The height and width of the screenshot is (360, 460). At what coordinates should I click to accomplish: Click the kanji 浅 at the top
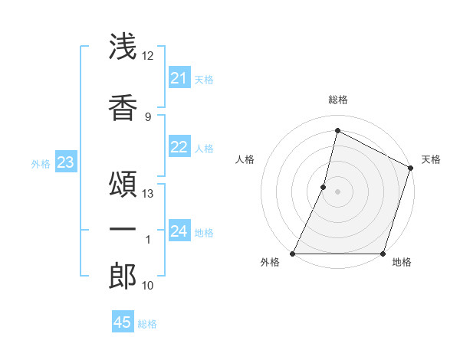coord(123,47)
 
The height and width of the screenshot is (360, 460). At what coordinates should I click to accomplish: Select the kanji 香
coord(123,105)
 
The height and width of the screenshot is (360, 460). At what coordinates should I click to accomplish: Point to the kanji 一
coord(123,229)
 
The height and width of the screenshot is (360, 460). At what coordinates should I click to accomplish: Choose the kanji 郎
coord(123,277)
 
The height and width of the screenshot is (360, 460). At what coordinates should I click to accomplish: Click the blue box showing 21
coord(179,78)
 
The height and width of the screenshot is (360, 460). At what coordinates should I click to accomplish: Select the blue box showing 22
coord(179,148)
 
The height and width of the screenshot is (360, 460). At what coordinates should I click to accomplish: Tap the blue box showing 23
coord(65,162)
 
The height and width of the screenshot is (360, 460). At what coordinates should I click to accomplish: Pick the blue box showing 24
coord(179,231)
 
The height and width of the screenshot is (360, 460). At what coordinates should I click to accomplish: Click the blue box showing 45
coord(123,322)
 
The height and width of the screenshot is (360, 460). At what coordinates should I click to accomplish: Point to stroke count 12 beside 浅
coord(148,56)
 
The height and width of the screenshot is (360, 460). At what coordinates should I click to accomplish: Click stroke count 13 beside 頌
coord(148,194)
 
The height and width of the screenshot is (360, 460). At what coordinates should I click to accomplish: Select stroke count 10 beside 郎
coord(148,286)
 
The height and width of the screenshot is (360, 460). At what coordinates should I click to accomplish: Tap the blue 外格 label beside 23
coord(41,163)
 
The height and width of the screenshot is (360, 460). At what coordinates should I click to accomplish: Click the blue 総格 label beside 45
coord(147,324)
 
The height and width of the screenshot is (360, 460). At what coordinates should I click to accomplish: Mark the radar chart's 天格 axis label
coord(431,159)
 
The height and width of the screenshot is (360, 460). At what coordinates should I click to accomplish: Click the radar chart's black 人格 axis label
coord(245,159)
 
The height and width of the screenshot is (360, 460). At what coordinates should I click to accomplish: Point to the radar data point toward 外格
coord(293,254)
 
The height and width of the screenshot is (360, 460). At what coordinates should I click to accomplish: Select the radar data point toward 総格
coord(337,131)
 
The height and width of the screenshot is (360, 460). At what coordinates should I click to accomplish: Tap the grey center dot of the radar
coord(337,191)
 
